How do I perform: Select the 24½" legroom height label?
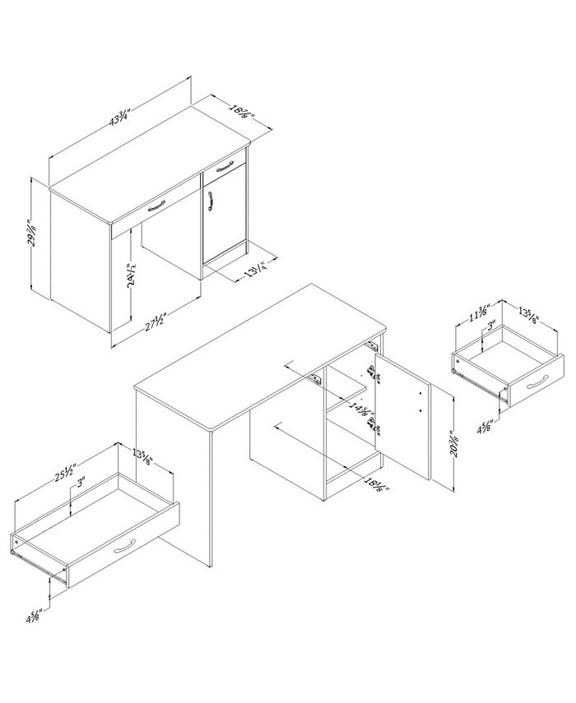click(x=131, y=271)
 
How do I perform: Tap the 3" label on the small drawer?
click(x=491, y=327)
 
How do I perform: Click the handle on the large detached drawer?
click(x=128, y=547)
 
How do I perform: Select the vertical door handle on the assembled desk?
click(x=211, y=201)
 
